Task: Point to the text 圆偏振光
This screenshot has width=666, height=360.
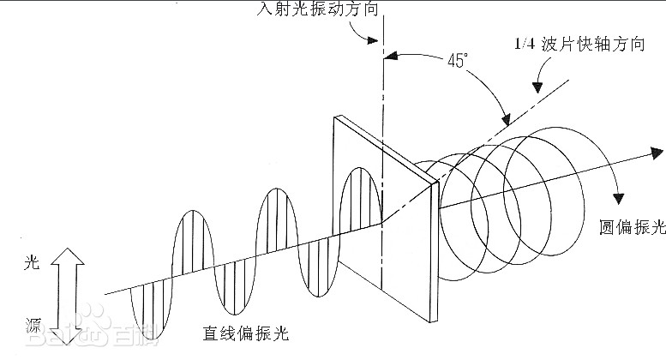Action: pos(633,227)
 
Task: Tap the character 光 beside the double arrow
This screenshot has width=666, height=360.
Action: pos(32,265)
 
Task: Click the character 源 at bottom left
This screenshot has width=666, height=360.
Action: pos(32,325)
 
